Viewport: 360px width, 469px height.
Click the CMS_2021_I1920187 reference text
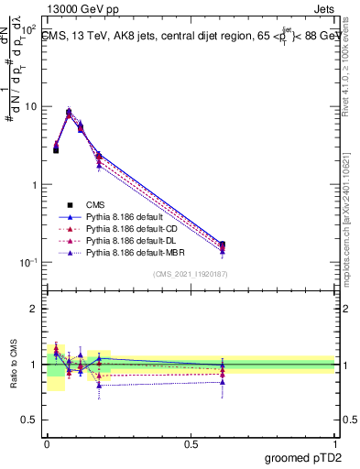pos(191,275)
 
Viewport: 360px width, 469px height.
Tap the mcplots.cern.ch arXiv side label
pos(350,220)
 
